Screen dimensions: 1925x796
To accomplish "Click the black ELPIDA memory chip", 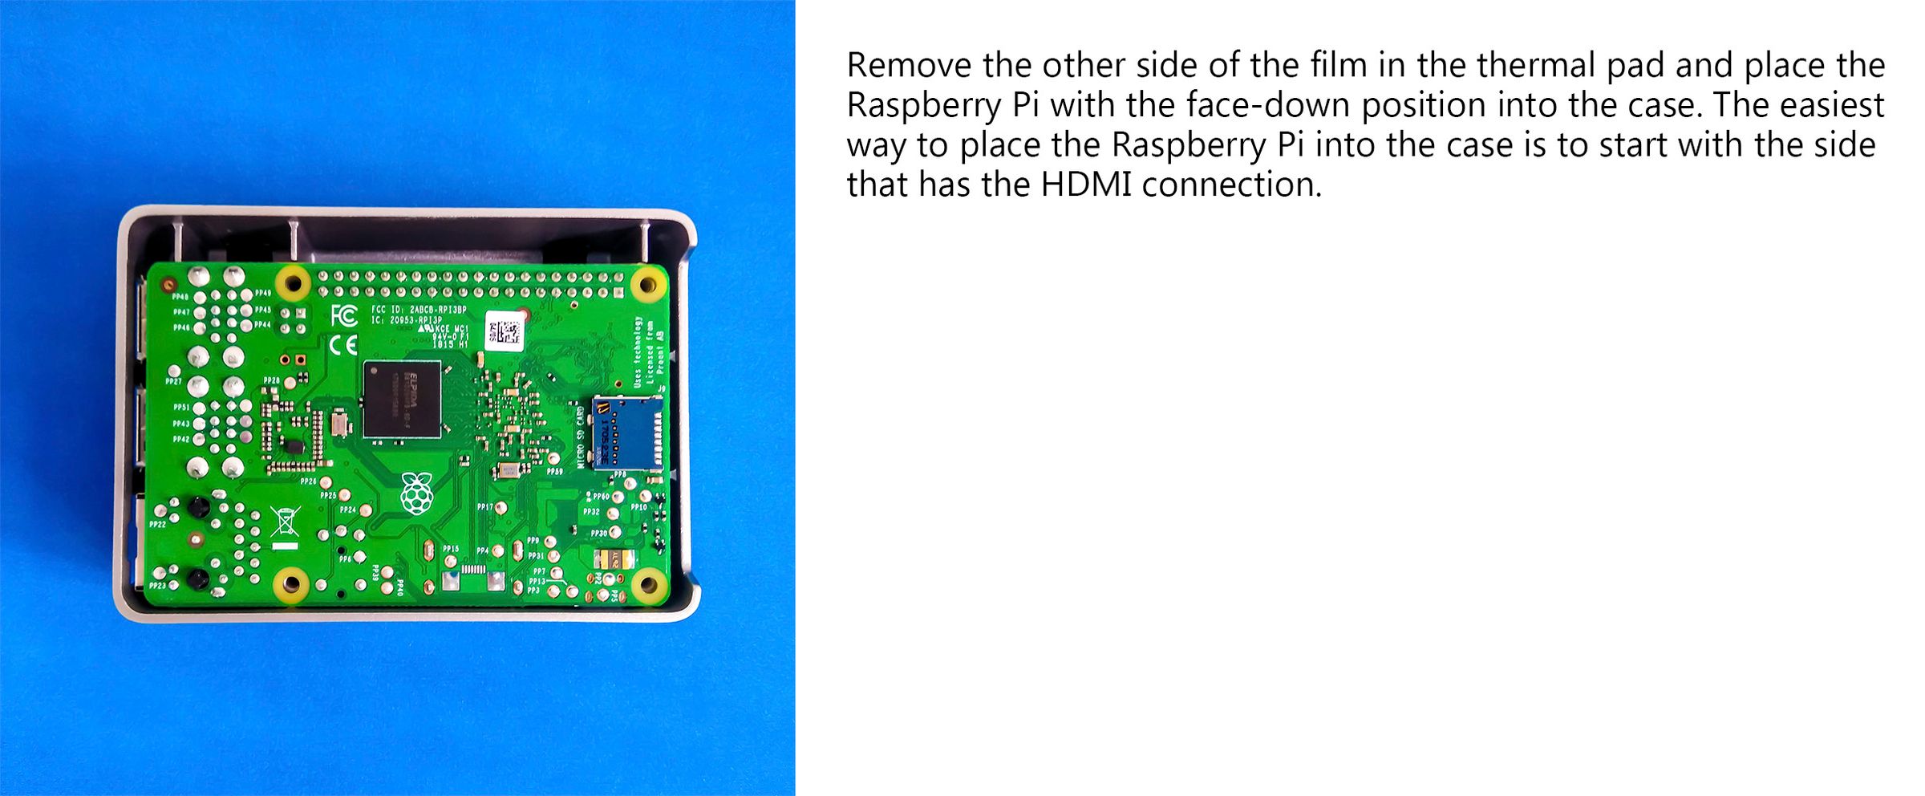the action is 402,400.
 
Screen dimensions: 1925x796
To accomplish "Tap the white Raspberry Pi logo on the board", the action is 416,493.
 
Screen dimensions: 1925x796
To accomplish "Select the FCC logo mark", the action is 344,315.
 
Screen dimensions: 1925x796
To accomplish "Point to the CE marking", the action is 344,345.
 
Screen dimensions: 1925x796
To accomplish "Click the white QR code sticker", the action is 505,331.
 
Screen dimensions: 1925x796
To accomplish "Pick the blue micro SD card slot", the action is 627,433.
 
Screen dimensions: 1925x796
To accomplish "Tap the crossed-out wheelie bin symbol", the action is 285,522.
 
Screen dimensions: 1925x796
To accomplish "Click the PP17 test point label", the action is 485,507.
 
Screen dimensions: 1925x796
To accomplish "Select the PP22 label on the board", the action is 157,524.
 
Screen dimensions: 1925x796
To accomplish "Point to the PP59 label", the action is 554,472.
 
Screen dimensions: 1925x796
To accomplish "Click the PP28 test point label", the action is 272,380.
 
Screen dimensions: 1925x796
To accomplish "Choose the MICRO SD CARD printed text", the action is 581,437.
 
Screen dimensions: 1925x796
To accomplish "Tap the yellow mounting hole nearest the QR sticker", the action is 646,284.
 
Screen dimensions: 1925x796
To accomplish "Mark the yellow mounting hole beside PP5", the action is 648,584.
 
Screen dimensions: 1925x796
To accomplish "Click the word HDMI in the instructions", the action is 1086,185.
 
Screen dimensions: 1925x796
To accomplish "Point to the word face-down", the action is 1268,105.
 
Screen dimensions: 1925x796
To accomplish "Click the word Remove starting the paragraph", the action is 909,65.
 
